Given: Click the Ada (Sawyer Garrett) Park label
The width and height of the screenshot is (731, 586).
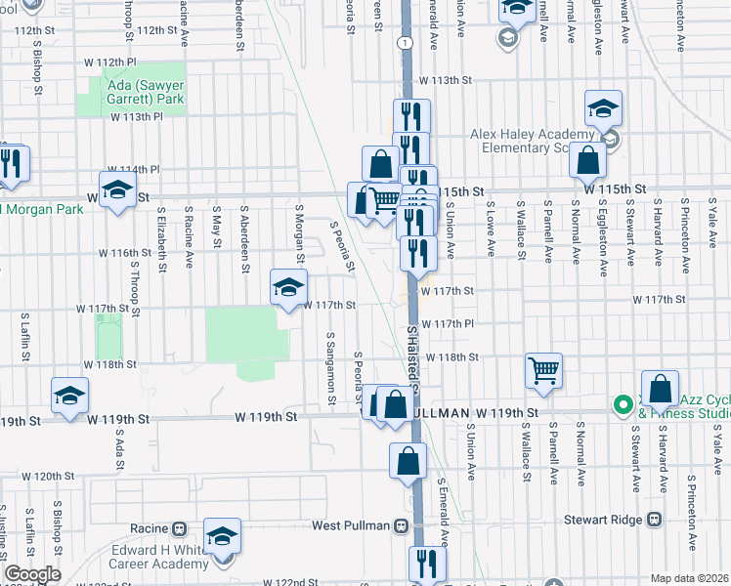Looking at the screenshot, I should [137, 92].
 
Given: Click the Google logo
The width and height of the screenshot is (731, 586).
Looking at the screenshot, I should [32, 574].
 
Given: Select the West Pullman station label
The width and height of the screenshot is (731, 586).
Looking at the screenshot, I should [352, 525].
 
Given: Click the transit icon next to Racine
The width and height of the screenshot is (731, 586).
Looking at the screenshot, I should [179, 528].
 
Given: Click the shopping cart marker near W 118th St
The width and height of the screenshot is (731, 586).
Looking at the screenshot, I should [544, 370].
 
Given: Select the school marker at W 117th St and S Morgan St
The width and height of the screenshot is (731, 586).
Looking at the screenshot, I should [288, 288].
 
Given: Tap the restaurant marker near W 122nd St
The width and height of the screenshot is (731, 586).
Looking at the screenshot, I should [427, 564].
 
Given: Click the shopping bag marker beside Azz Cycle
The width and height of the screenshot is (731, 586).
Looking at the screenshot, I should [661, 389].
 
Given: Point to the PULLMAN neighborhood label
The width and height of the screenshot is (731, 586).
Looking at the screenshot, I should [436, 412].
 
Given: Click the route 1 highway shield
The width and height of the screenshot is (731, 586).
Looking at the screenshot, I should [402, 43].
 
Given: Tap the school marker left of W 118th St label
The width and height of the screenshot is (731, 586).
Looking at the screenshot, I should [69, 396].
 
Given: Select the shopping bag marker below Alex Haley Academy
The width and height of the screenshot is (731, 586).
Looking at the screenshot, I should [588, 160].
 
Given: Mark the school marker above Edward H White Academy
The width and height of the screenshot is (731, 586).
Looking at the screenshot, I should [223, 536].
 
